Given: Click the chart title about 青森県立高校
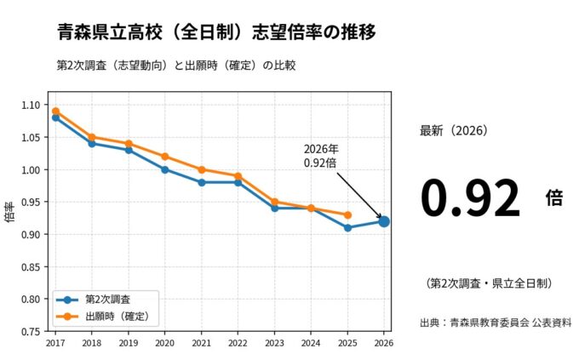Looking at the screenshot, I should click(216, 32).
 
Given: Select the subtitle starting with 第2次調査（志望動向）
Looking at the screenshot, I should click(174, 65).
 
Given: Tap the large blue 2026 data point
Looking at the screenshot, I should click(384, 221).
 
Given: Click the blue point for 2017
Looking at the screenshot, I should click(55, 117).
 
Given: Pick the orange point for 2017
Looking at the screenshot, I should click(55, 111).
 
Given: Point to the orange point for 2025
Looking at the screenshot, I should click(347, 214).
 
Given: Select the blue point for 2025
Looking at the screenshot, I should click(347, 227).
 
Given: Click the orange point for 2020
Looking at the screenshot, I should click(164, 157).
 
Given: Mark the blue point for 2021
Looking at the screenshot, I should click(201, 182).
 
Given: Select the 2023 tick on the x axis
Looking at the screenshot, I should click(274, 343).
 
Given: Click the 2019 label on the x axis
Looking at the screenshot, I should click(129, 343).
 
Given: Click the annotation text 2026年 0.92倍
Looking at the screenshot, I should click(320, 156).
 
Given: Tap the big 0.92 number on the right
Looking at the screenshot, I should click(469, 199).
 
